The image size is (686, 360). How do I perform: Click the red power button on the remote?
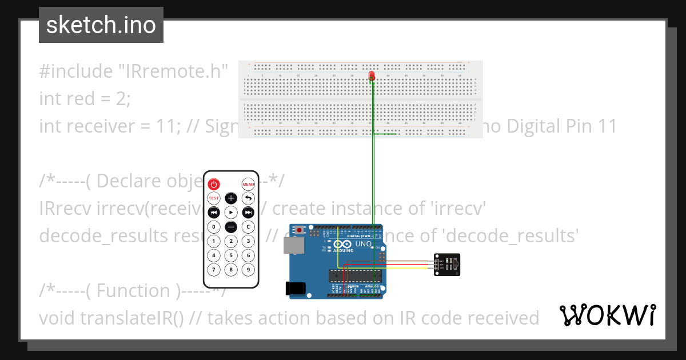[x=213, y=184]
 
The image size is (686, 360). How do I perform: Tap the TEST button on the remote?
[x=213, y=198]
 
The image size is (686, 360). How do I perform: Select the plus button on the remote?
[x=230, y=198]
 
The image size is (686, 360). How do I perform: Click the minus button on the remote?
[x=230, y=227]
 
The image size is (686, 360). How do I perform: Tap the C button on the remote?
[x=248, y=227]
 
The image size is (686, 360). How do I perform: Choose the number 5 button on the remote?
[x=230, y=255]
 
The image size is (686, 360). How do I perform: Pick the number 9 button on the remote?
[x=248, y=269]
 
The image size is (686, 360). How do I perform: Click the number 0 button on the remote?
[x=213, y=227]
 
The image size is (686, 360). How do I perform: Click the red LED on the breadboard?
[x=372, y=75]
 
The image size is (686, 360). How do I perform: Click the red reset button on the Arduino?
[x=299, y=230]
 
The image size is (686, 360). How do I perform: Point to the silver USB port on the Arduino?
[x=294, y=246]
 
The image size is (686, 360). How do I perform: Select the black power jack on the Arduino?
[x=295, y=289]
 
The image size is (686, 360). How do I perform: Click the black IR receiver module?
[x=447, y=265]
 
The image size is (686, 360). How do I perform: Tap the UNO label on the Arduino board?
[x=364, y=244]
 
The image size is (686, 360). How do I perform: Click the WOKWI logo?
[x=607, y=315]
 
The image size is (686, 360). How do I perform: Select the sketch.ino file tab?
[x=101, y=25]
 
